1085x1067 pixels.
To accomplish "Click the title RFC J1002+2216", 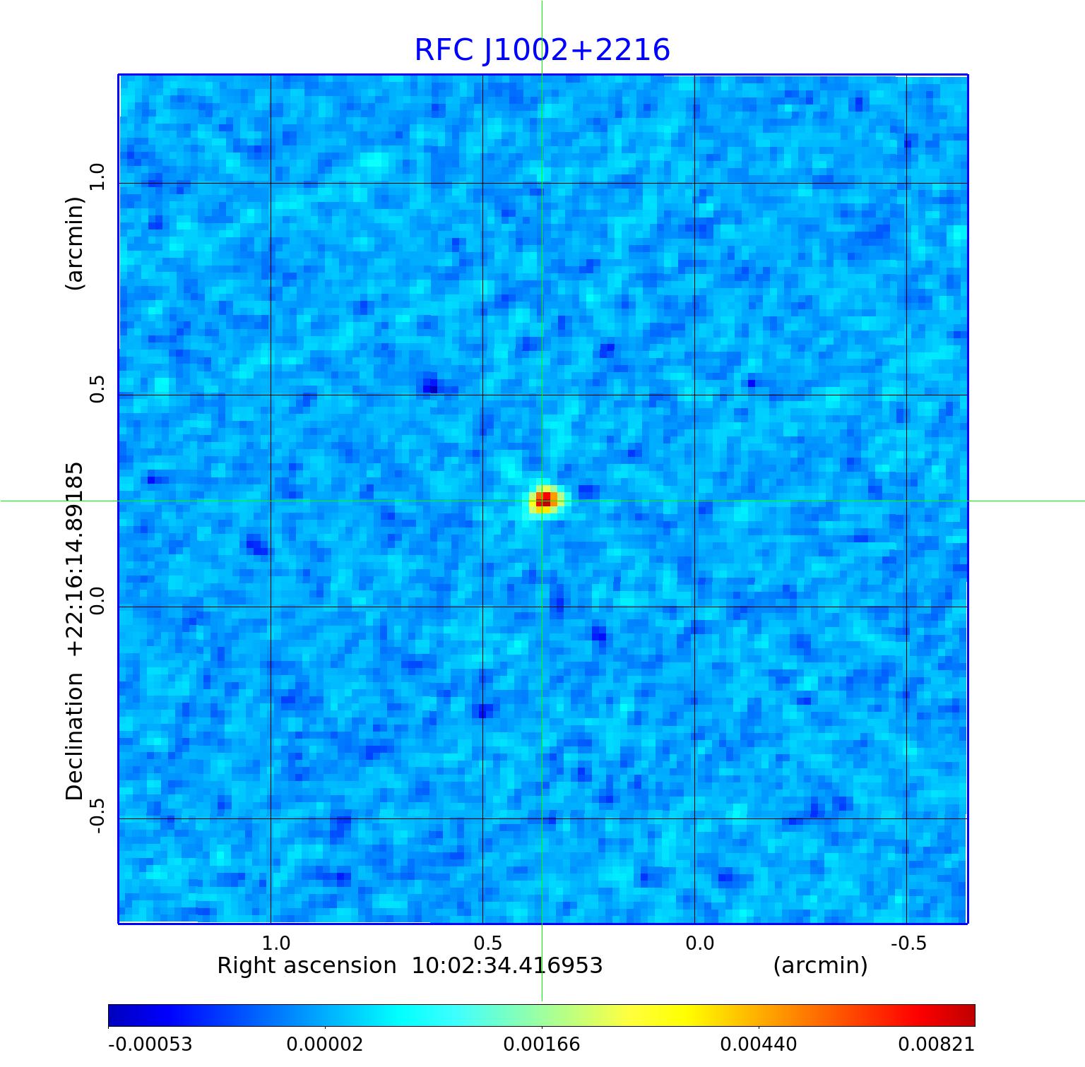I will coord(542,50).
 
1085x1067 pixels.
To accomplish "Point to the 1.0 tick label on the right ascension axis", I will coord(275,943).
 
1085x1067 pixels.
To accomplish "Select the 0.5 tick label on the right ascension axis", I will coord(487,943).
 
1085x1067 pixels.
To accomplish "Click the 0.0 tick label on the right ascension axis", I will coord(699,943).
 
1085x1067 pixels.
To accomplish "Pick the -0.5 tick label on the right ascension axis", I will coord(908,943).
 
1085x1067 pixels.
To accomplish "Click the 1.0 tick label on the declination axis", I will coord(97,177).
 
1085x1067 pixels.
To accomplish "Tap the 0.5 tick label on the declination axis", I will coord(97,389).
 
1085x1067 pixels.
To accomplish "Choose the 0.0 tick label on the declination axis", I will coord(97,601).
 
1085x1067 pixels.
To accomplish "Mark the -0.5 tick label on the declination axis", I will coord(97,816).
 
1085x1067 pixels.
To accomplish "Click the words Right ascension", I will coord(307,966).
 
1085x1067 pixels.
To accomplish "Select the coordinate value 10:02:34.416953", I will coord(507,966).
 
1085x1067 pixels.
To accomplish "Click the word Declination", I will coord(74,737).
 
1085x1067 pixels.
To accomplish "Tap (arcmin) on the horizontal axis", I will coord(820,966).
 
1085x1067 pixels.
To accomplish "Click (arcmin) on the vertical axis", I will coord(74,243).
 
